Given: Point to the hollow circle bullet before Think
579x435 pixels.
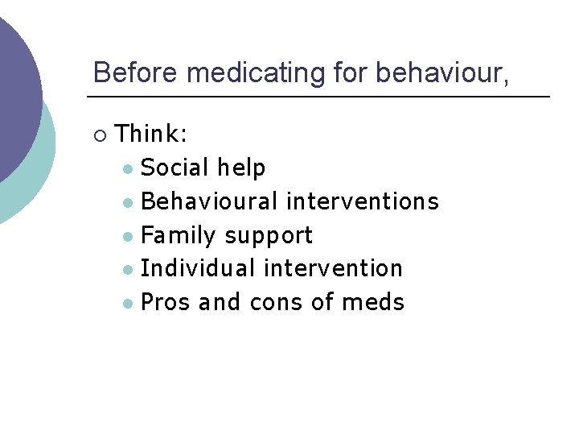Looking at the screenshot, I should pyautogui.click(x=99, y=134).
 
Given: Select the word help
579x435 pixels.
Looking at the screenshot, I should pyautogui.click(x=241, y=168).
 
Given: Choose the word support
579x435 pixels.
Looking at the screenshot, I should pyautogui.click(x=269, y=236).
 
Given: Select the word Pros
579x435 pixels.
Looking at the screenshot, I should pyautogui.click(x=166, y=302).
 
